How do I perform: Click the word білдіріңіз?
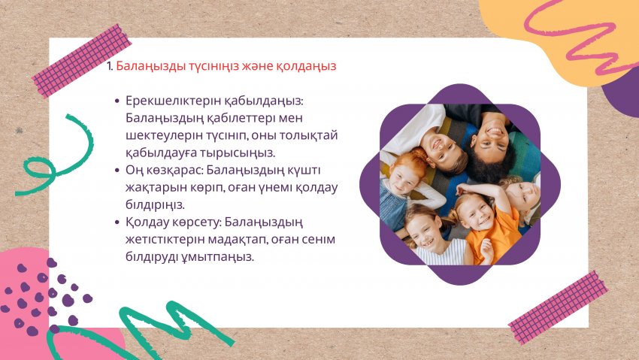tap(155, 205)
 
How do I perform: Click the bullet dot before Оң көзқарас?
tap(118, 170)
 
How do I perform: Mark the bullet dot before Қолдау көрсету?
tap(118, 222)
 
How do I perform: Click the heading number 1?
tap(110, 66)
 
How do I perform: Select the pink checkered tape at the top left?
tap(82, 61)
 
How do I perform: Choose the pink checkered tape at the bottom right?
tap(559, 307)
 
